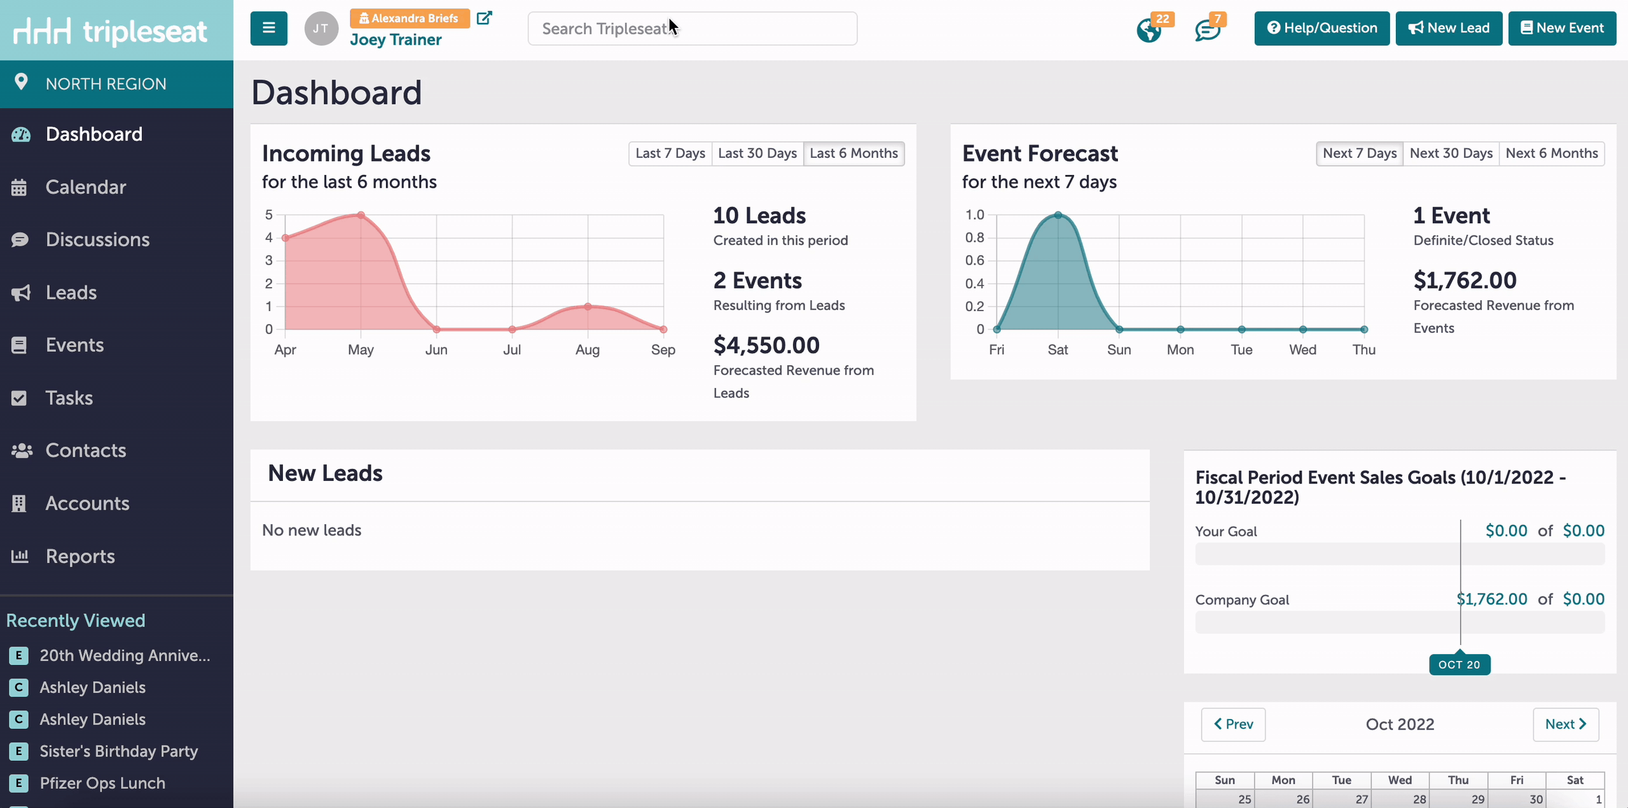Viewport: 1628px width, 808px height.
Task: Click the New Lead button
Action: (1448, 28)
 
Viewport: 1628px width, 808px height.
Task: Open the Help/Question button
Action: (1321, 28)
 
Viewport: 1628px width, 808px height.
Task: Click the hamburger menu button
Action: (268, 28)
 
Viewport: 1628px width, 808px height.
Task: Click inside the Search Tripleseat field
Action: (692, 29)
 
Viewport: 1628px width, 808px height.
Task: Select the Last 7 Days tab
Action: (670, 153)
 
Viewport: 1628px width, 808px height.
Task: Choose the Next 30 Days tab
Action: (1451, 153)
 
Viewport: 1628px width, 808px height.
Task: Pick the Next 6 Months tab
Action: (1551, 153)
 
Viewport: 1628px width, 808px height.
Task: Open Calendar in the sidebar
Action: (86, 187)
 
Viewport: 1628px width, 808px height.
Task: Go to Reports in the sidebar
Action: (80, 556)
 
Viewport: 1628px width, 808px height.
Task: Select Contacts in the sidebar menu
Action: (86, 450)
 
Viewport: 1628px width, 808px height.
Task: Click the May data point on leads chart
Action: (361, 215)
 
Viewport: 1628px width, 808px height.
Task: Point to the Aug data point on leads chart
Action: (588, 307)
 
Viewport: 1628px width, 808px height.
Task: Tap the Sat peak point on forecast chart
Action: (1058, 215)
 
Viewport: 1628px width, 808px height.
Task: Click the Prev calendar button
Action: (1232, 724)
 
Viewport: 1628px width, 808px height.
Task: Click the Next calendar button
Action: (1565, 724)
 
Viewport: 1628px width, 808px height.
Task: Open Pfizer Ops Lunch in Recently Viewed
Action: (102, 783)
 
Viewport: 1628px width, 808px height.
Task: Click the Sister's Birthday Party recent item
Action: (118, 751)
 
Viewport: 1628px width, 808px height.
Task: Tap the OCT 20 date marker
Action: (1459, 664)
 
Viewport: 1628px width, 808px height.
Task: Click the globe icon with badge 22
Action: (1149, 30)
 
